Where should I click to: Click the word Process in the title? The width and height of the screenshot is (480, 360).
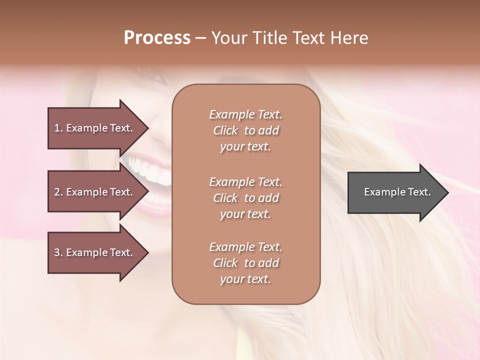click(x=157, y=38)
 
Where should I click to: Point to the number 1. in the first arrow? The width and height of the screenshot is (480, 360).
click(x=58, y=128)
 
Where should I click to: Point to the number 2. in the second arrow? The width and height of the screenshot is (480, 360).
click(x=58, y=192)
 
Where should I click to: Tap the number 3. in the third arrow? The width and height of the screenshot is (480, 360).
click(x=58, y=252)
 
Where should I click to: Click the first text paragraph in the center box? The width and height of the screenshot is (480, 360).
click(x=245, y=130)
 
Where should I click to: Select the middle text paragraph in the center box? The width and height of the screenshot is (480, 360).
click(x=245, y=198)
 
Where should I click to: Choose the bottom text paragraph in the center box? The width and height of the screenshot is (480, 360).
click(x=245, y=263)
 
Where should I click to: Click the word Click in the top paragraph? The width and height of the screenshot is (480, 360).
click(x=225, y=130)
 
